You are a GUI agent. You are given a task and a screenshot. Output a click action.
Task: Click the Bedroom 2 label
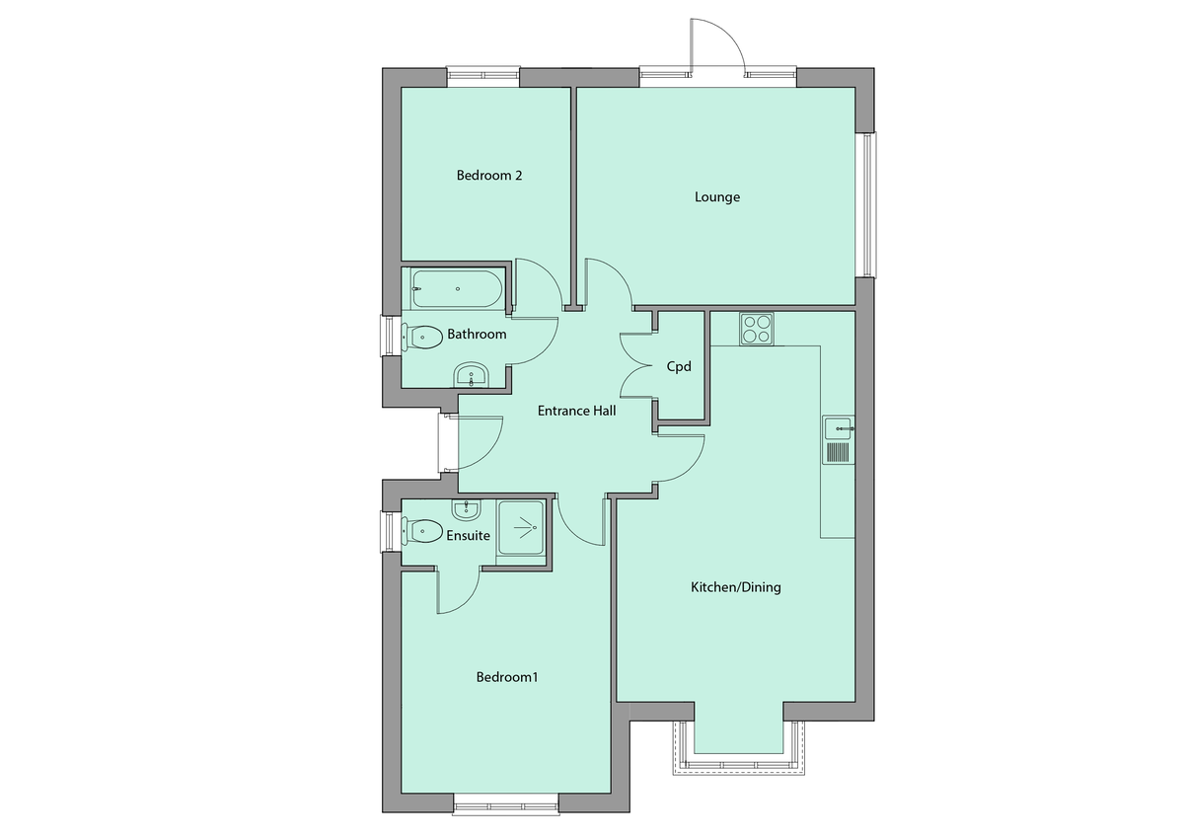[488, 176]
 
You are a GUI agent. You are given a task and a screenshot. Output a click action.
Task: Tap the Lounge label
[717, 197]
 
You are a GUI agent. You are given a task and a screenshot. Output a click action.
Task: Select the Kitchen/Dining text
[735, 587]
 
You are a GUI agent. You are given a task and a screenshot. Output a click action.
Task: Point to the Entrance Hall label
[576, 411]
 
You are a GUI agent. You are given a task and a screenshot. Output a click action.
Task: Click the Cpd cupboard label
[679, 366]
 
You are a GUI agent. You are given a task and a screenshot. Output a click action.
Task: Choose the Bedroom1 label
[507, 678]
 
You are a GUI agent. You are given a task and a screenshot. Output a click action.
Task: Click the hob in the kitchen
[757, 328]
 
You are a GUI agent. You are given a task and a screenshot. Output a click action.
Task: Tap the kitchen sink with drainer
[838, 440]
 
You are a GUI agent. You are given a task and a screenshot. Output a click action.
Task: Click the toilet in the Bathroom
[421, 336]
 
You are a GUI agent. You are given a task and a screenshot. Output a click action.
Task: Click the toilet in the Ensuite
[421, 531]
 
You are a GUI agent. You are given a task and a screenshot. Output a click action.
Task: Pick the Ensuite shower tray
[520, 529]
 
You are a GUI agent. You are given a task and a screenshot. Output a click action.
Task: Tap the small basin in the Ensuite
[466, 509]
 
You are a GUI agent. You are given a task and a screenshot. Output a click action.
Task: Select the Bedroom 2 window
[482, 76]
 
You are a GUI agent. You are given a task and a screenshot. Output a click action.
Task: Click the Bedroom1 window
[506, 803]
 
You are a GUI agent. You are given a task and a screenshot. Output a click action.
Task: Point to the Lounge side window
[868, 204]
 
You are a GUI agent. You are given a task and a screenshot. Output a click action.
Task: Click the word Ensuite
[468, 536]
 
